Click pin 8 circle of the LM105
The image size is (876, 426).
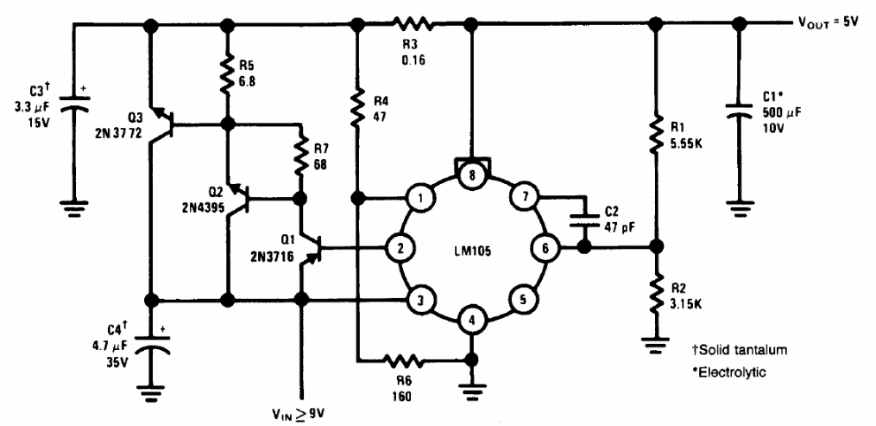coord(472,175)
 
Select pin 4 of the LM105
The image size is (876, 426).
coord(472,322)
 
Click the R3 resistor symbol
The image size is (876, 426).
coord(413,23)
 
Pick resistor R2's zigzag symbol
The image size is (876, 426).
coord(657,291)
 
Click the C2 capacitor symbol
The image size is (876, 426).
coord(584,219)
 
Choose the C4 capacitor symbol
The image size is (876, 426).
coord(149,347)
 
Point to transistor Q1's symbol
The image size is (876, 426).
coord(312,246)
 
